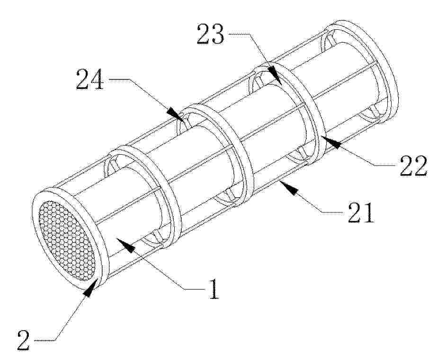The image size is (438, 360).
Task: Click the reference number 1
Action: click(x=214, y=289)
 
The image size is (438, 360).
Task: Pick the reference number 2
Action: click(x=24, y=340)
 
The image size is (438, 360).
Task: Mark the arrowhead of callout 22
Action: click(x=331, y=141)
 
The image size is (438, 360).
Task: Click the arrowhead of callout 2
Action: click(x=90, y=288)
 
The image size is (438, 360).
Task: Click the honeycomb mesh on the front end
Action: click(x=66, y=240)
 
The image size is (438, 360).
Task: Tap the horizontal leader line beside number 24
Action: click(x=119, y=79)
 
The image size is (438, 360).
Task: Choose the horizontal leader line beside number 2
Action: click(x=45, y=341)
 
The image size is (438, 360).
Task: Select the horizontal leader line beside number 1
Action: click(x=195, y=290)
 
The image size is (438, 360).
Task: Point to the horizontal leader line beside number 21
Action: click(x=333, y=212)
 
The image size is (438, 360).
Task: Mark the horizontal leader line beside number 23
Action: click(x=239, y=34)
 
